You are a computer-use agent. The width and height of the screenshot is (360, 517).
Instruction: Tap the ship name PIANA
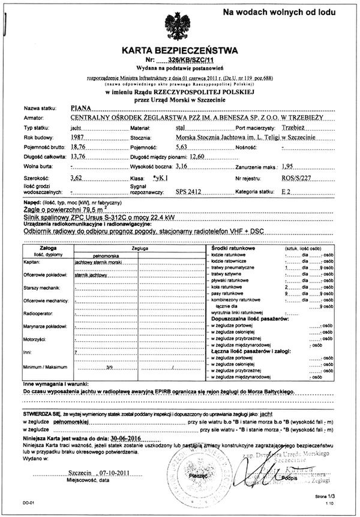[x=79, y=108]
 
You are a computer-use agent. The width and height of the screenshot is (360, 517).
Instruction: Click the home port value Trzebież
[x=295, y=128]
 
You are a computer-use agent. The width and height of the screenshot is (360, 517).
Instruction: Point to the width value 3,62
[x=76, y=178]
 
